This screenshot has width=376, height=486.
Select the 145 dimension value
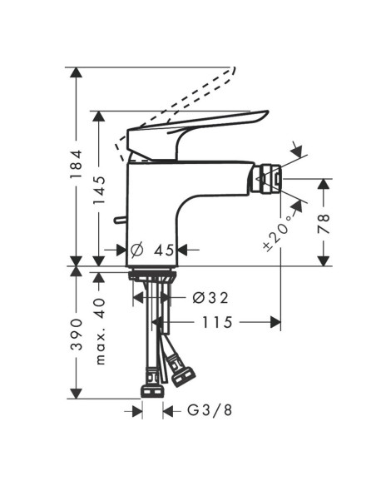click(100, 191)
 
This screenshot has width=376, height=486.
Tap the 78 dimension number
click(324, 222)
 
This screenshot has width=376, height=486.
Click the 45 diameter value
click(163, 250)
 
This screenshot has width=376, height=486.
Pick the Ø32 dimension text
click(210, 297)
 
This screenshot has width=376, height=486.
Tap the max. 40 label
click(101, 332)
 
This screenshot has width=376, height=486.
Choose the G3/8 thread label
click(205, 411)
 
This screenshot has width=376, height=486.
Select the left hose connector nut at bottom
click(152, 389)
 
